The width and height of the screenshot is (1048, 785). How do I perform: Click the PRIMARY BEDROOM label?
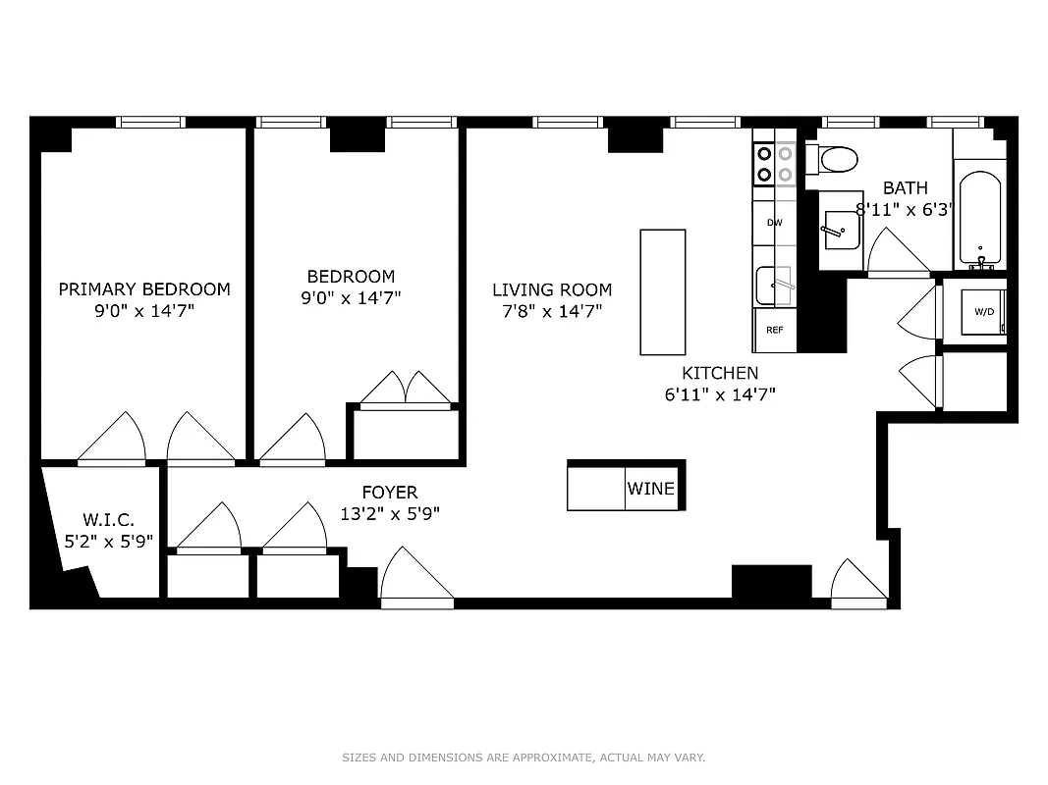tap(144, 288)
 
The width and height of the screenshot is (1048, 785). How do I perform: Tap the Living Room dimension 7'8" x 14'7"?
tap(552, 311)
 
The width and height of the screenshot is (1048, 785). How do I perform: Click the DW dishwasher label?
tap(775, 223)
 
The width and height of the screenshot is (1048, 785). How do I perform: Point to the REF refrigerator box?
tap(775, 330)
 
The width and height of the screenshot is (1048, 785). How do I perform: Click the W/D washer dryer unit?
tap(982, 312)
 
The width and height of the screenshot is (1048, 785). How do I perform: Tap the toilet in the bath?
tap(837, 158)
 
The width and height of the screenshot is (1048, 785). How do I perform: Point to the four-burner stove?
tap(774, 164)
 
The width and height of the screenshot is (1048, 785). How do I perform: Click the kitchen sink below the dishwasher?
tap(774, 286)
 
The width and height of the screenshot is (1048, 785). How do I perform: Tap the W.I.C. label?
tap(108, 520)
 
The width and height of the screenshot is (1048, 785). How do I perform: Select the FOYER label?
tap(390, 493)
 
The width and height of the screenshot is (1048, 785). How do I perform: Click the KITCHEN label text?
tap(720, 373)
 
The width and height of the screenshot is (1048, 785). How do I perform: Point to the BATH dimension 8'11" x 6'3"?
tap(905, 209)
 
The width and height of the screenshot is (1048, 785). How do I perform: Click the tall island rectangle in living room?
tap(663, 291)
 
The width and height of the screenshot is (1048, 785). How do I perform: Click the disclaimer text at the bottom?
tap(524, 758)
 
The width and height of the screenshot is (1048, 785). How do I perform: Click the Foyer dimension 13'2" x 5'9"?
tap(390, 513)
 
